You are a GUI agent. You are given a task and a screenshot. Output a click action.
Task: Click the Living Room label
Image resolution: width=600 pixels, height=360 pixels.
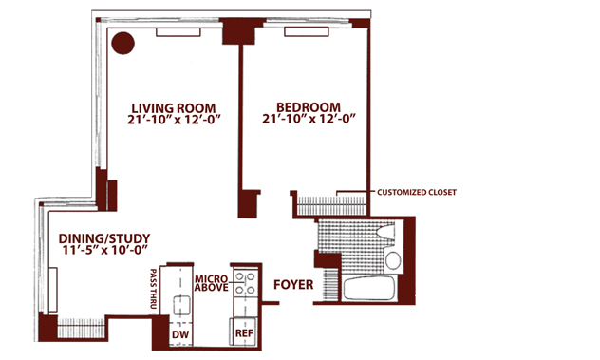pos(174,108)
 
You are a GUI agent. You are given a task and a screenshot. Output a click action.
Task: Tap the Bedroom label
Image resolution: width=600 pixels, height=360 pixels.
pos(308,106)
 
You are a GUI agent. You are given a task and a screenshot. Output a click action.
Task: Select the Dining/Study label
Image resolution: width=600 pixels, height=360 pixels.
pos(104,239)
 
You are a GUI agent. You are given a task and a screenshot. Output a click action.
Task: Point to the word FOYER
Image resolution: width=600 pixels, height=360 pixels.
pos(293,285)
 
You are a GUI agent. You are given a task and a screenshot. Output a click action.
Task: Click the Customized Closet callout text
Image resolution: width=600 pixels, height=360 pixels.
pos(417,192)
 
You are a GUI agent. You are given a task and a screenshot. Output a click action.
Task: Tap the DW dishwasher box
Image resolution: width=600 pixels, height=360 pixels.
pos(180,334)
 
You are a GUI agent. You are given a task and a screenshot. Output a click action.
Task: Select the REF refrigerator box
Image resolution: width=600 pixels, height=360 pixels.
pos(244,332)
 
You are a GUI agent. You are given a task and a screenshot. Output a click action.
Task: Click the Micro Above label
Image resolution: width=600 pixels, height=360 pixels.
pos(211,283)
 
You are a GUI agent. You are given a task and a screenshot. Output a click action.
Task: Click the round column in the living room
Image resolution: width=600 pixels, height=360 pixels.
pos(122,43)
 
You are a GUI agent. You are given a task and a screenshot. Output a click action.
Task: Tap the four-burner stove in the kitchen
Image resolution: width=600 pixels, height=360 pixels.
pos(245,283)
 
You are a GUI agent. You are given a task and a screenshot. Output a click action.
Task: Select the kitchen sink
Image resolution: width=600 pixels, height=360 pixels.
pos(181,306)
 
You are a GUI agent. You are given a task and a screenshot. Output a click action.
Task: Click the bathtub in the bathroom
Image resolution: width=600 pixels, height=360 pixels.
pos(369,288)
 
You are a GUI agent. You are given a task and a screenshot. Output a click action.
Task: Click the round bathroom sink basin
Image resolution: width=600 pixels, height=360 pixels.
pos(393,260)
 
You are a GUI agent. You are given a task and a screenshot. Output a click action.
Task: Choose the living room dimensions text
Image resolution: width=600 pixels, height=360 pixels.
pos(175,120)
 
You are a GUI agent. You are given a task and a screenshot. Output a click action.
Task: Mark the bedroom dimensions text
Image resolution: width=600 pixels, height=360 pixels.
pos(309,119)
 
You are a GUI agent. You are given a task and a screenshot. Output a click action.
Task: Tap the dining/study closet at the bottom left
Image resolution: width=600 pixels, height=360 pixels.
pos(81,328)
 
